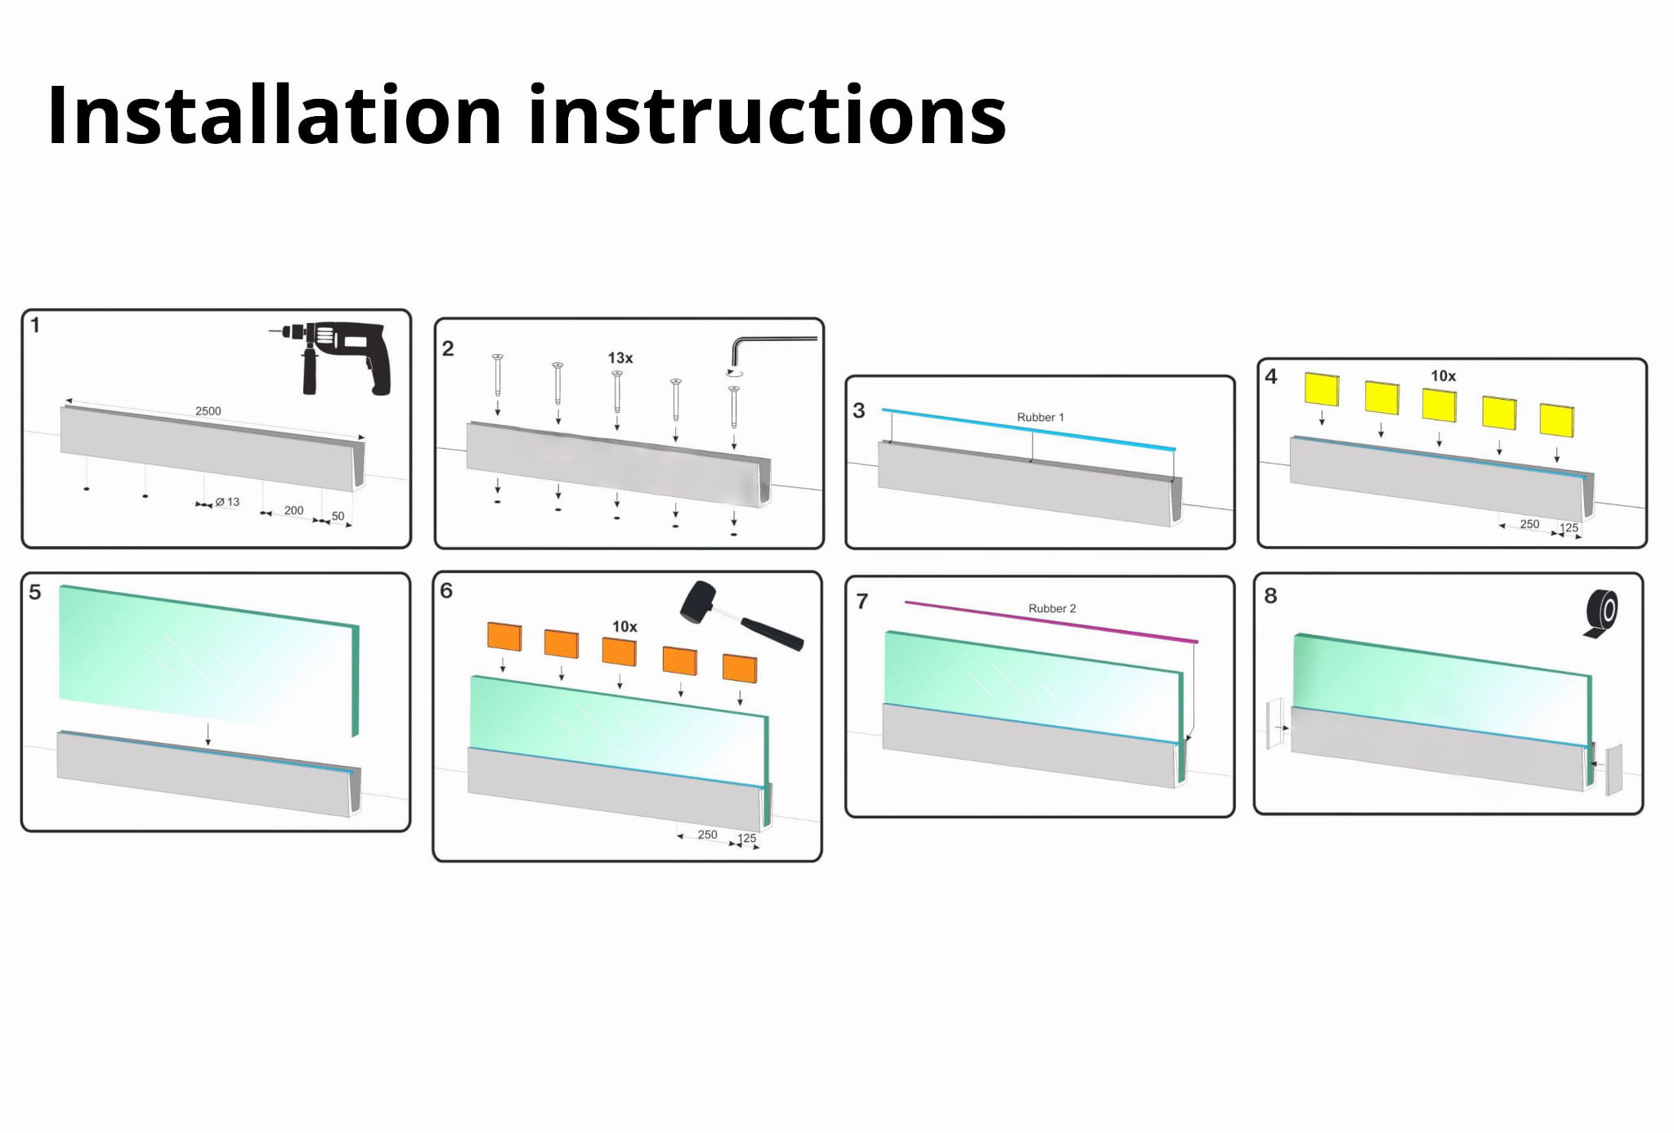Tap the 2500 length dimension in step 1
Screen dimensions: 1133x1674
[x=208, y=411]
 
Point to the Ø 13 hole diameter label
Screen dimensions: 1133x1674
[x=228, y=502]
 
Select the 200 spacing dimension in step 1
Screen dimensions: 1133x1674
[x=293, y=510]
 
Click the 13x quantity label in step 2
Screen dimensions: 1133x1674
[x=620, y=358]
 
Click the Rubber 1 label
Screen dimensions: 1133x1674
[x=1040, y=417]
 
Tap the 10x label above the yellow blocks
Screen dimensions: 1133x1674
[x=1443, y=376]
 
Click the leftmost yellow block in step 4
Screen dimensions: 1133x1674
[x=1322, y=389]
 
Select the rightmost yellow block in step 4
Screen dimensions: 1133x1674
[x=1556, y=419]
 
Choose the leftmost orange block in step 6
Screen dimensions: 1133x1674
[x=504, y=637]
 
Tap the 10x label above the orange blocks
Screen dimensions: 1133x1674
[x=624, y=627]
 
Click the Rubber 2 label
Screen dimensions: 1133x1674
[x=1052, y=608]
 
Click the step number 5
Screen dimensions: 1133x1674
[x=35, y=592]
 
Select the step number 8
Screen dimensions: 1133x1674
[x=1270, y=595]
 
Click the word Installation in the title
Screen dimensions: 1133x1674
[x=274, y=116]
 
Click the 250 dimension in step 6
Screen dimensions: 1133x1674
[x=707, y=835]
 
